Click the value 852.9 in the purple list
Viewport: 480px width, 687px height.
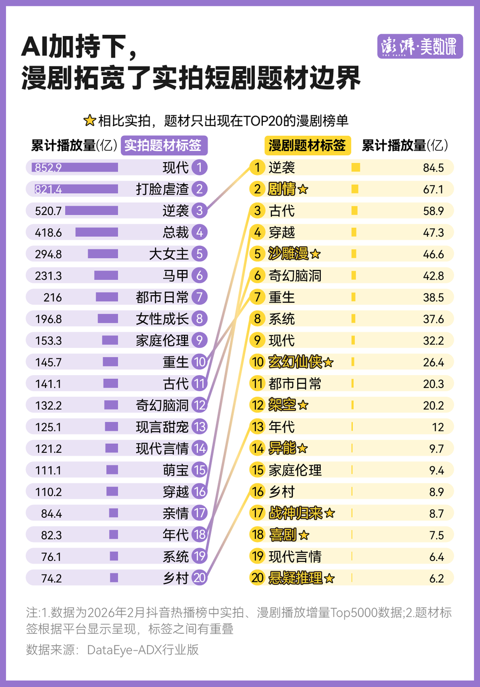coord(48,167)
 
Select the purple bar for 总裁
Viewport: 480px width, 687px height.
coord(97,232)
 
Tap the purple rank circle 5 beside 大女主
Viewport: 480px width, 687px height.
coord(199,254)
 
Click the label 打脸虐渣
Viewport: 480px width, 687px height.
coord(163,189)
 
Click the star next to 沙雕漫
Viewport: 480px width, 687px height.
coord(315,254)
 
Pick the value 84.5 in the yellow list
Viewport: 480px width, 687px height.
coord(433,167)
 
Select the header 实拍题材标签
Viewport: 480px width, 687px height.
coord(163,145)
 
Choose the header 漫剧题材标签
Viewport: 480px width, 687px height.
coord(307,145)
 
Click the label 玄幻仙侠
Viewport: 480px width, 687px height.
coord(294,362)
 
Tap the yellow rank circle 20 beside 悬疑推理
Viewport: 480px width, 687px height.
coord(257,578)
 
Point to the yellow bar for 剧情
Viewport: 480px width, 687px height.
coord(355,189)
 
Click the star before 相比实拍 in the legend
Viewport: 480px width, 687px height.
coord(90,120)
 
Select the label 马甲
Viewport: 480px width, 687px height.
coord(176,276)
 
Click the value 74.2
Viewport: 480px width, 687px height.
coord(51,578)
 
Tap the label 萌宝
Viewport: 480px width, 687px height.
coord(176,470)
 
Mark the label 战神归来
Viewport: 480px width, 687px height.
coord(294,513)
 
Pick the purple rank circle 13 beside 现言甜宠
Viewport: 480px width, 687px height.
coord(199,427)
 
